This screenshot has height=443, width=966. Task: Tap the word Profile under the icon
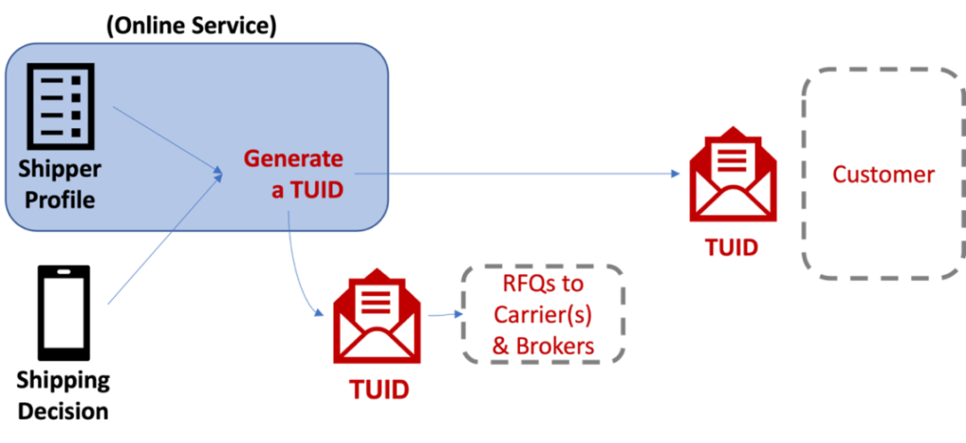(60, 200)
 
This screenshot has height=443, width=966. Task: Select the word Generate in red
(293, 158)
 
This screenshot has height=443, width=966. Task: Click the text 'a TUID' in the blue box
(307, 189)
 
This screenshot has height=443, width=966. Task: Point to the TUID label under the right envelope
(731, 248)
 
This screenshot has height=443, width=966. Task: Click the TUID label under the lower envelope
(378, 389)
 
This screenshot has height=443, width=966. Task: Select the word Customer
(883, 174)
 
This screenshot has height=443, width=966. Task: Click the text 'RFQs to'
(544, 285)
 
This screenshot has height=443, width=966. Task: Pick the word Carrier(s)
(544, 315)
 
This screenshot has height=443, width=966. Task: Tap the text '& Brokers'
(544, 346)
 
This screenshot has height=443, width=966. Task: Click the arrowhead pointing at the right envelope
(675, 173)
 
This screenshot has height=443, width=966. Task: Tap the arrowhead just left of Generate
(218, 172)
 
